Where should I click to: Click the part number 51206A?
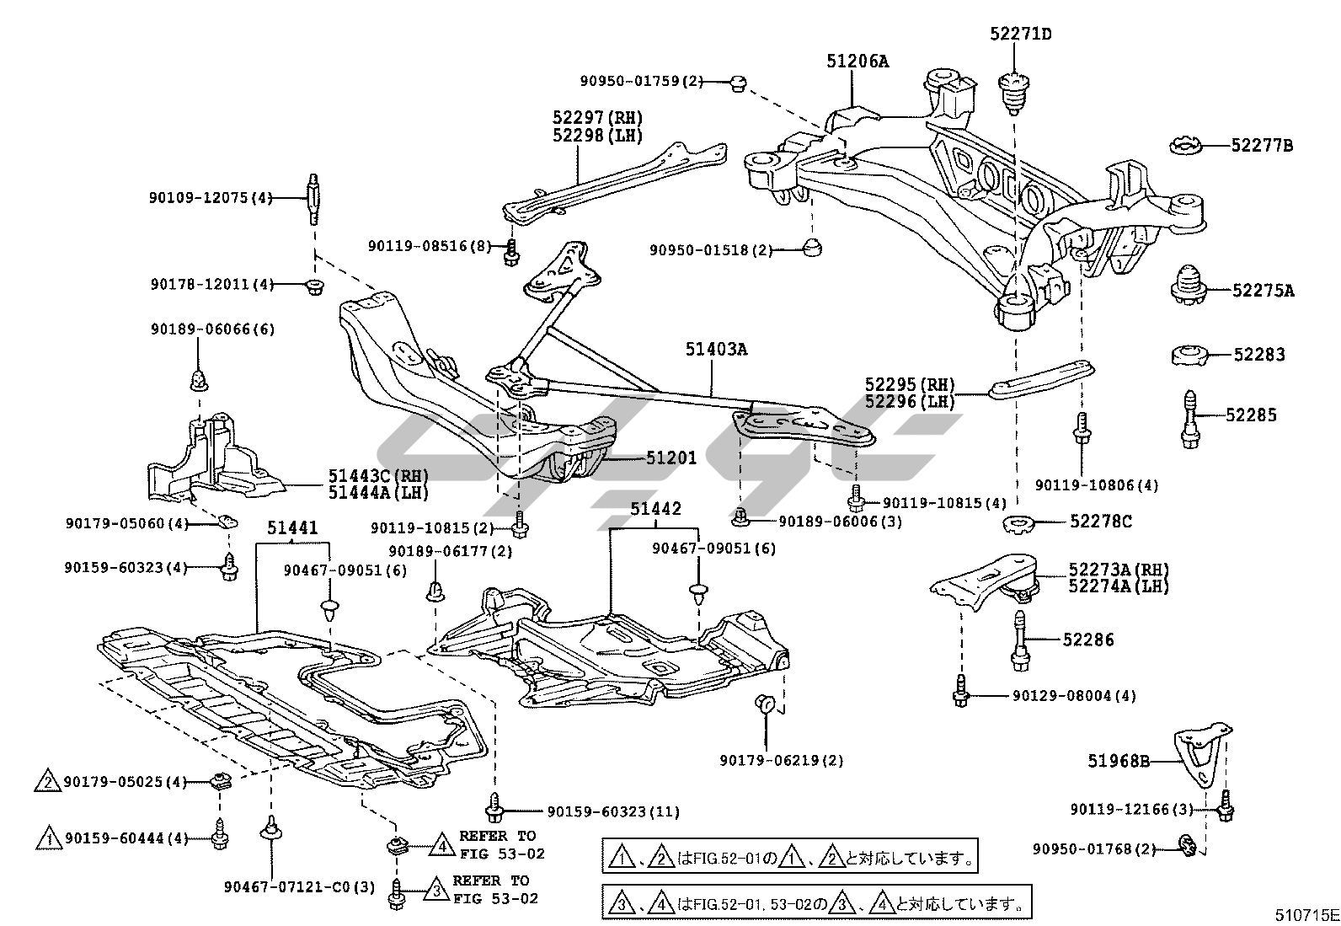[x=857, y=61]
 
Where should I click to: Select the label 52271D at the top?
[x=1020, y=35]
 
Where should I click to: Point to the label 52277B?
[x=1261, y=145]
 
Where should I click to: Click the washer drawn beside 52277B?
[x=1189, y=146]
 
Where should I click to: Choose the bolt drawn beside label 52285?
[x=1189, y=418]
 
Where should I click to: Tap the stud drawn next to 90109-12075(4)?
[x=313, y=199]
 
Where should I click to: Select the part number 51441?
[x=292, y=528]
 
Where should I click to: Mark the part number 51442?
[x=655, y=509]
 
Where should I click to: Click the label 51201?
[x=671, y=458]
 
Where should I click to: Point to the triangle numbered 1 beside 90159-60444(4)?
[x=49, y=838]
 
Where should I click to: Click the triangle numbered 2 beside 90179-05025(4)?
[x=49, y=783]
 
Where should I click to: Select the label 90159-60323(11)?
[x=612, y=812]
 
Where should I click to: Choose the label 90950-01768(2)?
[x=1093, y=848]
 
